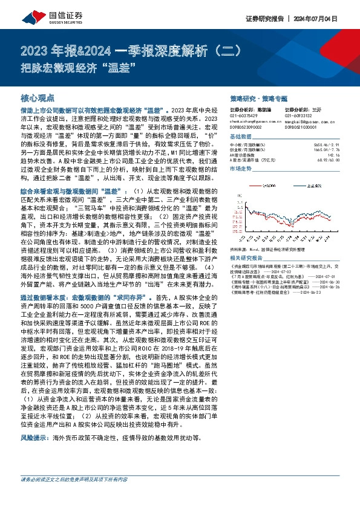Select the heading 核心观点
(x=38, y=97)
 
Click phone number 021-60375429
(x=245, y=115)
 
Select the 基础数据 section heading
(x=242, y=138)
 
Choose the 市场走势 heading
(x=242, y=170)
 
